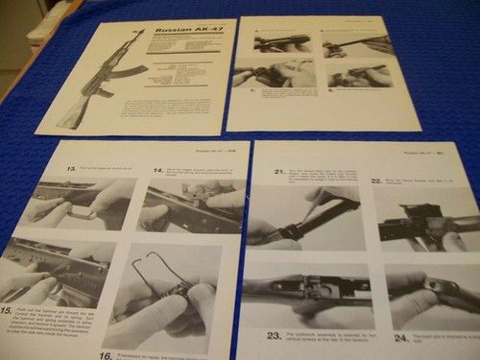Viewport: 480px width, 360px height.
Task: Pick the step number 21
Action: (x=280, y=171)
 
